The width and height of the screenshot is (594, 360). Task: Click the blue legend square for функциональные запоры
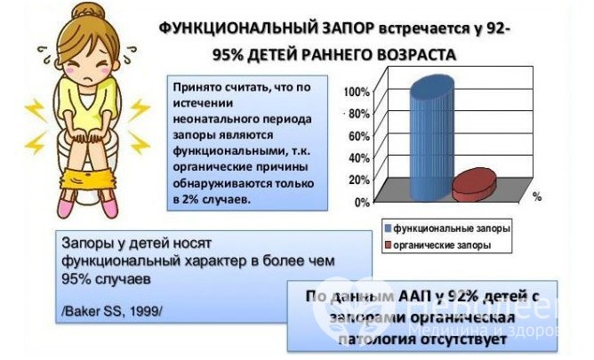tap(388, 228)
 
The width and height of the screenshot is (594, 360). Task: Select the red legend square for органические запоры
tap(388, 244)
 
